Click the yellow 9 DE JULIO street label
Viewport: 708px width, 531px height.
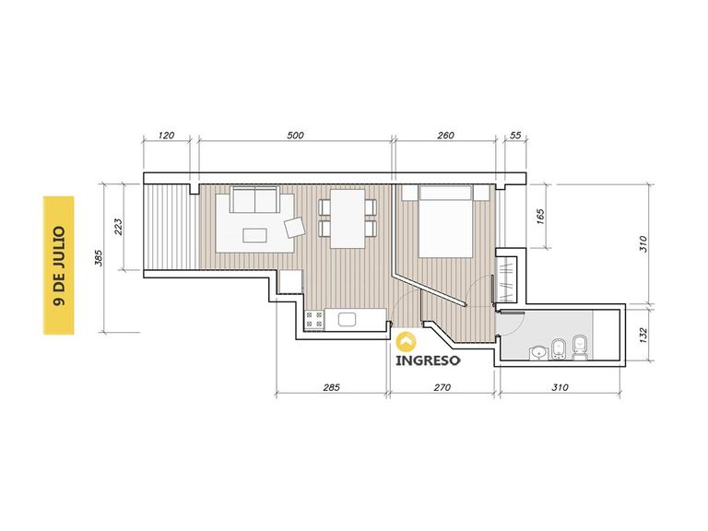coord(59,265)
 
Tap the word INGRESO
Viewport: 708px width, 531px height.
coord(428,360)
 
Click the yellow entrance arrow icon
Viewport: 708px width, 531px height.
coord(406,341)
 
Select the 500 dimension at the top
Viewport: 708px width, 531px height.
coord(295,135)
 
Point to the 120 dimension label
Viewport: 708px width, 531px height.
coord(167,135)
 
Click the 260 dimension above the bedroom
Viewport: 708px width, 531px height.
coord(445,135)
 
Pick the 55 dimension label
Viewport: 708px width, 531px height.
coord(515,135)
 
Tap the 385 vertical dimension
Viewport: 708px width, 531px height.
coord(100,258)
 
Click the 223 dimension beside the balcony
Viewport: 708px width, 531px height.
coord(118,227)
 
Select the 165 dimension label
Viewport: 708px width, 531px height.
coord(540,216)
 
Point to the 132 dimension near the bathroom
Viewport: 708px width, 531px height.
coord(643,335)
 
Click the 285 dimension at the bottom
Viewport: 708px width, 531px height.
coord(331,387)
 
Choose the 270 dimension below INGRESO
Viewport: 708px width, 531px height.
coord(442,387)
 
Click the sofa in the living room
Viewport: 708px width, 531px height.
coord(254,199)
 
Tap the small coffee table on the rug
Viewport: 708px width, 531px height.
coord(254,235)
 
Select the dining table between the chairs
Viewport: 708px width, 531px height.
coord(348,218)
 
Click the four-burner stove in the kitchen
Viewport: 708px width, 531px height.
coord(313,320)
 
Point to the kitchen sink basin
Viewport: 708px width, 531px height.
coord(347,320)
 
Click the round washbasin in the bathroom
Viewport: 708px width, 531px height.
coord(538,353)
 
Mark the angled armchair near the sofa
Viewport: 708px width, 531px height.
coord(295,227)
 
